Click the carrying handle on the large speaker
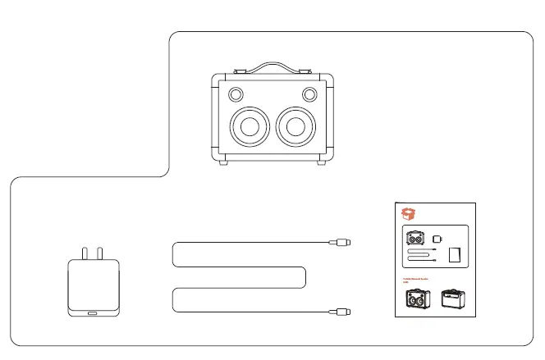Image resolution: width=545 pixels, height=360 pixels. pos(272,65)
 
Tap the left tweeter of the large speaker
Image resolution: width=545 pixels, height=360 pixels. pos(236,93)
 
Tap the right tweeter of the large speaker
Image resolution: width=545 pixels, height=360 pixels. pos(309,93)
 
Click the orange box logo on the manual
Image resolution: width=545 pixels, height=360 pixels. pos(408,214)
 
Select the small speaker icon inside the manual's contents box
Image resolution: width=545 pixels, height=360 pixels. pos(415,239)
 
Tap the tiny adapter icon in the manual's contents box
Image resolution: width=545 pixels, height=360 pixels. pos(437,239)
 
